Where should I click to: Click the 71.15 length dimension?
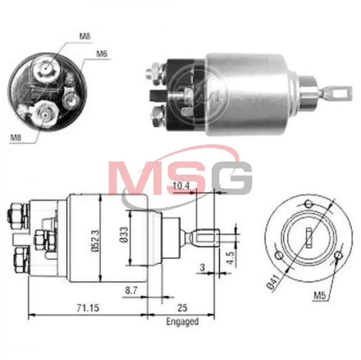[x=87, y=307]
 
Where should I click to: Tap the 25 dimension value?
[x=182, y=307]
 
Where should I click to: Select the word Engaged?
[x=182, y=321]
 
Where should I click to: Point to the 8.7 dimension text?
[x=131, y=290]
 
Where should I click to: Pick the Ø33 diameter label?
[x=124, y=235]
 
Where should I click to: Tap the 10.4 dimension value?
[x=181, y=186]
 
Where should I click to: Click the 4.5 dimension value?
[x=230, y=257]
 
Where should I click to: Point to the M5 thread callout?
[x=320, y=295]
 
